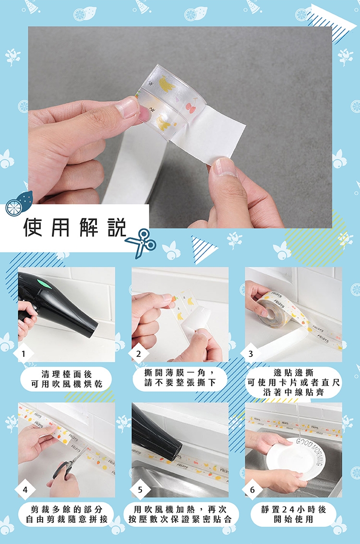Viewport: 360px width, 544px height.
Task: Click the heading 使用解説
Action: (74, 227)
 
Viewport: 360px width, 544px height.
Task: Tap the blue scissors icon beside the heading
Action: (141, 242)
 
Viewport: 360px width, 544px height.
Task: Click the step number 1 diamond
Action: (23, 354)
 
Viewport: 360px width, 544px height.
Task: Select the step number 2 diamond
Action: (139, 354)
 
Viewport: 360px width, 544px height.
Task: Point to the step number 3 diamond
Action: (251, 354)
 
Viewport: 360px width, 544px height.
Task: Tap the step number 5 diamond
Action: (140, 489)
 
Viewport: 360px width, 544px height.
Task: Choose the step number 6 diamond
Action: (252, 489)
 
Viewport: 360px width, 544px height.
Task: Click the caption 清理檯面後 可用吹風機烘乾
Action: (66, 379)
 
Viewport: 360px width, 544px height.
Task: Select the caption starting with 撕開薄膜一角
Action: (180, 378)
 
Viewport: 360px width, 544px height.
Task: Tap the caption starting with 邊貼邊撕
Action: (293, 382)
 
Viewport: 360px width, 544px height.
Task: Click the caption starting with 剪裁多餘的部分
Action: (66, 514)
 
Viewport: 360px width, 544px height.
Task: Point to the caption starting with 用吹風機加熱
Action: (180, 514)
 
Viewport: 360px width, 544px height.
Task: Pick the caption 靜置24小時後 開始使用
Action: (293, 514)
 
